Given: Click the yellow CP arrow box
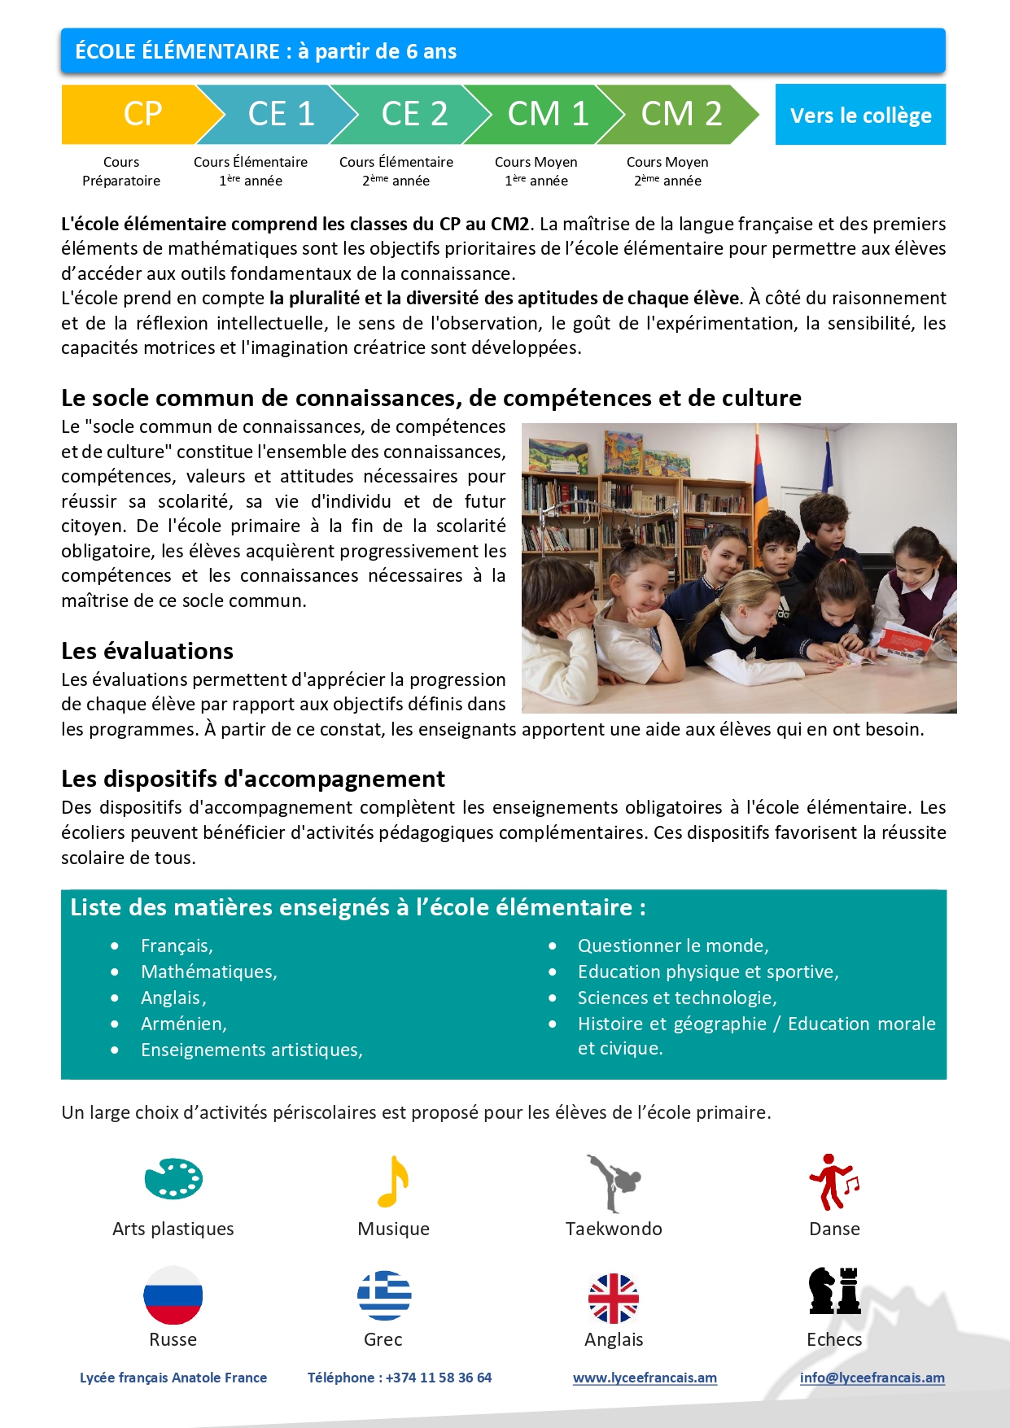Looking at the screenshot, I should [134, 114].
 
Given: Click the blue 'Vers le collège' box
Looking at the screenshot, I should [860, 115].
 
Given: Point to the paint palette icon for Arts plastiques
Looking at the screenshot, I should [173, 1178].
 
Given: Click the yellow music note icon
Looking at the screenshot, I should [393, 1181].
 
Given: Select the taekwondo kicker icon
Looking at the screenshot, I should [614, 1182].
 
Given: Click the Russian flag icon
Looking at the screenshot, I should [173, 1295].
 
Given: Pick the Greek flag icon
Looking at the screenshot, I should [384, 1295].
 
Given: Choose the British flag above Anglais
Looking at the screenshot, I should [614, 1298].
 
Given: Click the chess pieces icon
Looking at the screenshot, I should [834, 1291].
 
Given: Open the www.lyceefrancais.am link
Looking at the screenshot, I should [645, 1378].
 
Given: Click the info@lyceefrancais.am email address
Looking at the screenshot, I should [872, 1378].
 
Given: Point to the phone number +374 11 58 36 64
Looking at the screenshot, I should [438, 1378].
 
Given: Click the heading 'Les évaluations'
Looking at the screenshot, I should [147, 651].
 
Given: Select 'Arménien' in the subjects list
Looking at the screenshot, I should [183, 1024].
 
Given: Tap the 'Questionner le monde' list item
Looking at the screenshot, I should [672, 945].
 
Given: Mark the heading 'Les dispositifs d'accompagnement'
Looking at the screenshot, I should [253, 779].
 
